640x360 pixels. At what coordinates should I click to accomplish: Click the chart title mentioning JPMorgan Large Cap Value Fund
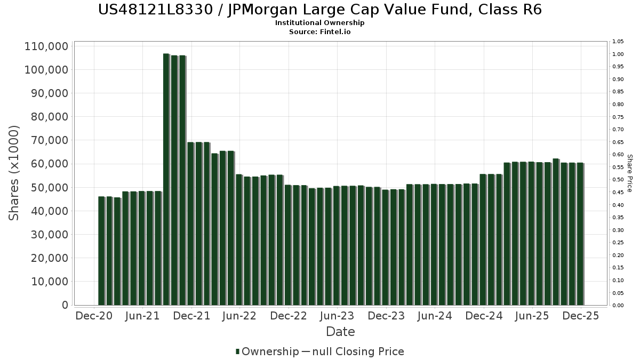[320, 10]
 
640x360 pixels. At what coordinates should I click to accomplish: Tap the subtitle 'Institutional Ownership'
[320, 23]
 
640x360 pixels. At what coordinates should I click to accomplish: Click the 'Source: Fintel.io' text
[320, 31]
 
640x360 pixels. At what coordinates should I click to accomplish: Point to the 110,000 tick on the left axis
[46, 46]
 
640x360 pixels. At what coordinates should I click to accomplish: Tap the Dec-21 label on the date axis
[191, 316]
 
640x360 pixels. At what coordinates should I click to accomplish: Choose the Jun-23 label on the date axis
[337, 316]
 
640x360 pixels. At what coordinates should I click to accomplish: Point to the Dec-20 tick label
[94, 316]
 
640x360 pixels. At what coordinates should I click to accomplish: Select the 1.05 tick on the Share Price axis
[618, 42]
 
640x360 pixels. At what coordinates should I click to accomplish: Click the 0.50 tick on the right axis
[618, 180]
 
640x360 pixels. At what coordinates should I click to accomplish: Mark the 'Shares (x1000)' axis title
[14, 173]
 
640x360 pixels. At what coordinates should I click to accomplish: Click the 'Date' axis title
[340, 332]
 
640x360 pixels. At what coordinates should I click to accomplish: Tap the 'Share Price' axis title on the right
[629, 173]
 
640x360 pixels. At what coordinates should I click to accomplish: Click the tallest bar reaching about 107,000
[166, 179]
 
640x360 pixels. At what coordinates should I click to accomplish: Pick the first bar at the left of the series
[101, 251]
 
